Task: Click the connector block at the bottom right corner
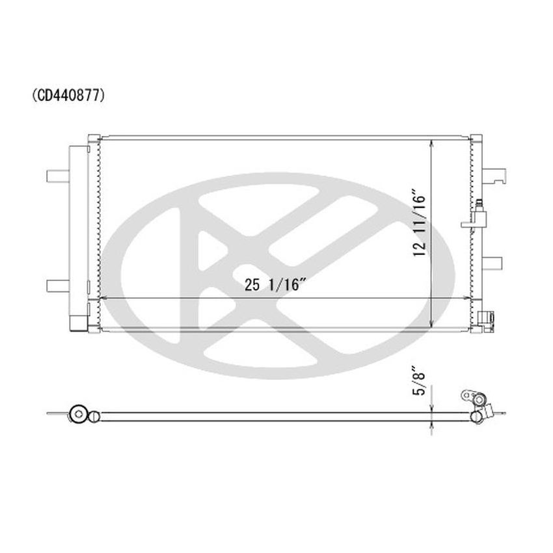point(487,318)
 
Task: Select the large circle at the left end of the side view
point(79,412)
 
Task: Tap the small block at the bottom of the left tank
point(77,323)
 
